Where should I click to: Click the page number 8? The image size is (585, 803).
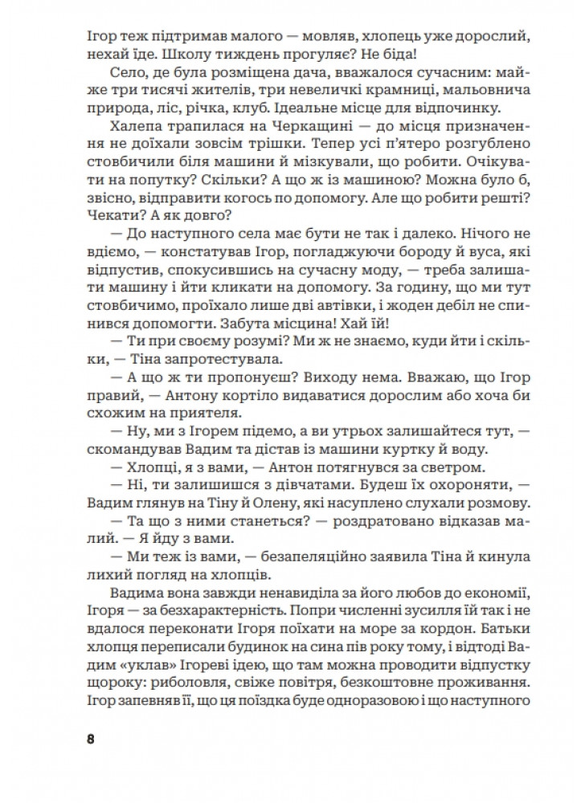point(90,739)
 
